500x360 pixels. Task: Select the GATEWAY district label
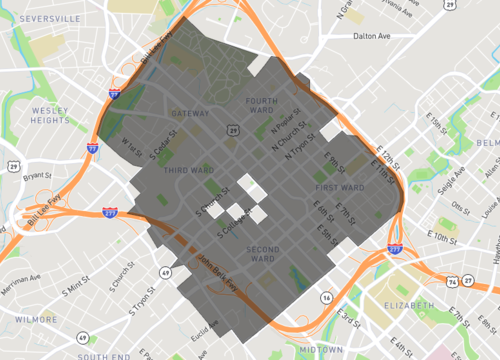coord(190,113)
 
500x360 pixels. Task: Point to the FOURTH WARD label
coord(261,106)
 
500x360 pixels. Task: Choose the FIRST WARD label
coord(338,188)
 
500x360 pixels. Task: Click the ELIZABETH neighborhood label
coord(410,304)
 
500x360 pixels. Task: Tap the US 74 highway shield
coord(453,282)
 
